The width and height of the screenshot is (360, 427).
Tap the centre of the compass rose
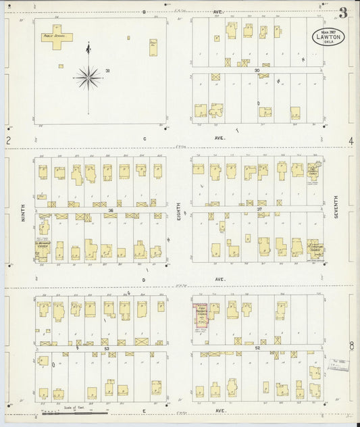click(x=88, y=78)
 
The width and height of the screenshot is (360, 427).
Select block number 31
click(x=108, y=70)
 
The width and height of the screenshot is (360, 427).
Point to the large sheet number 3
click(x=344, y=12)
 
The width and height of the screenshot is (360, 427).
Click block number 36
click(x=109, y=210)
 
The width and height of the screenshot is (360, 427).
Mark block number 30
click(x=257, y=70)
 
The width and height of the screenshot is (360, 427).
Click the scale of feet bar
click(x=84, y=411)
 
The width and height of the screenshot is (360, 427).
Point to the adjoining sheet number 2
click(x=7, y=141)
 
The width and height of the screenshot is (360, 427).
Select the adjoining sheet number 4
click(x=351, y=141)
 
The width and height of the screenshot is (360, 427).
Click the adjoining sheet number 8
click(x=351, y=346)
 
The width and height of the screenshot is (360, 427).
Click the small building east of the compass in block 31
click(x=153, y=47)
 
